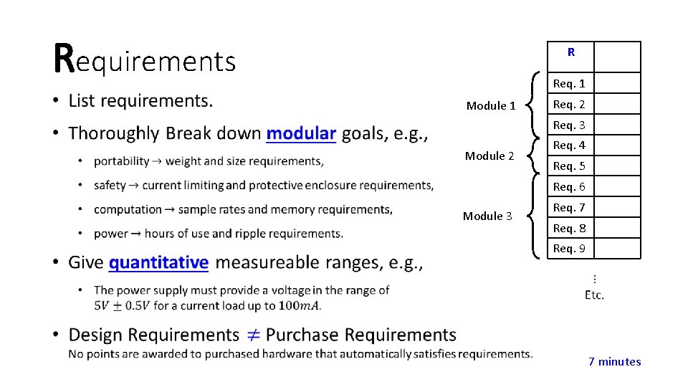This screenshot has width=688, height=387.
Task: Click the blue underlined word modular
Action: point(301,133)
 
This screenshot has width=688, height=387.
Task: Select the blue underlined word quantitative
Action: point(158,262)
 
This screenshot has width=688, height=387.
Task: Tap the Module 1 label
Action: point(491,105)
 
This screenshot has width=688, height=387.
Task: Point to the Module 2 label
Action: point(489,156)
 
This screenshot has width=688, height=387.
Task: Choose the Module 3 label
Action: point(487,216)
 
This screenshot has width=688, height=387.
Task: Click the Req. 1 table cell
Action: point(569,84)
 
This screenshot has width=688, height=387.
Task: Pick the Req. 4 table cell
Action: point(569,145)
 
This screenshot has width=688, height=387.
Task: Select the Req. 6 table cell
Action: point(569,186)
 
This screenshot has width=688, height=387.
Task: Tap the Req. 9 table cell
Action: point(569,249)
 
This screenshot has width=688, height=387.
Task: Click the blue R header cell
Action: point(570,52)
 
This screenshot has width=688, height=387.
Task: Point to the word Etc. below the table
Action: point(594,295)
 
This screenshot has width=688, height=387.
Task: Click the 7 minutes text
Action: point(614,361)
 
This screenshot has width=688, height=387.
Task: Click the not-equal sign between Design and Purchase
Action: point(252,335)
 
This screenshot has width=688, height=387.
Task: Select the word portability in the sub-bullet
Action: point(121,161)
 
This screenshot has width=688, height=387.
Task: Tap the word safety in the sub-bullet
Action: point(110,186)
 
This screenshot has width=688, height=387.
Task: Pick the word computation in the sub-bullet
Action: point(128,209)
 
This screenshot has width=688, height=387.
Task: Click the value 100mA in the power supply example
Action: point(300,305)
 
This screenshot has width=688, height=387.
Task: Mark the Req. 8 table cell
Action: point(569,228)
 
